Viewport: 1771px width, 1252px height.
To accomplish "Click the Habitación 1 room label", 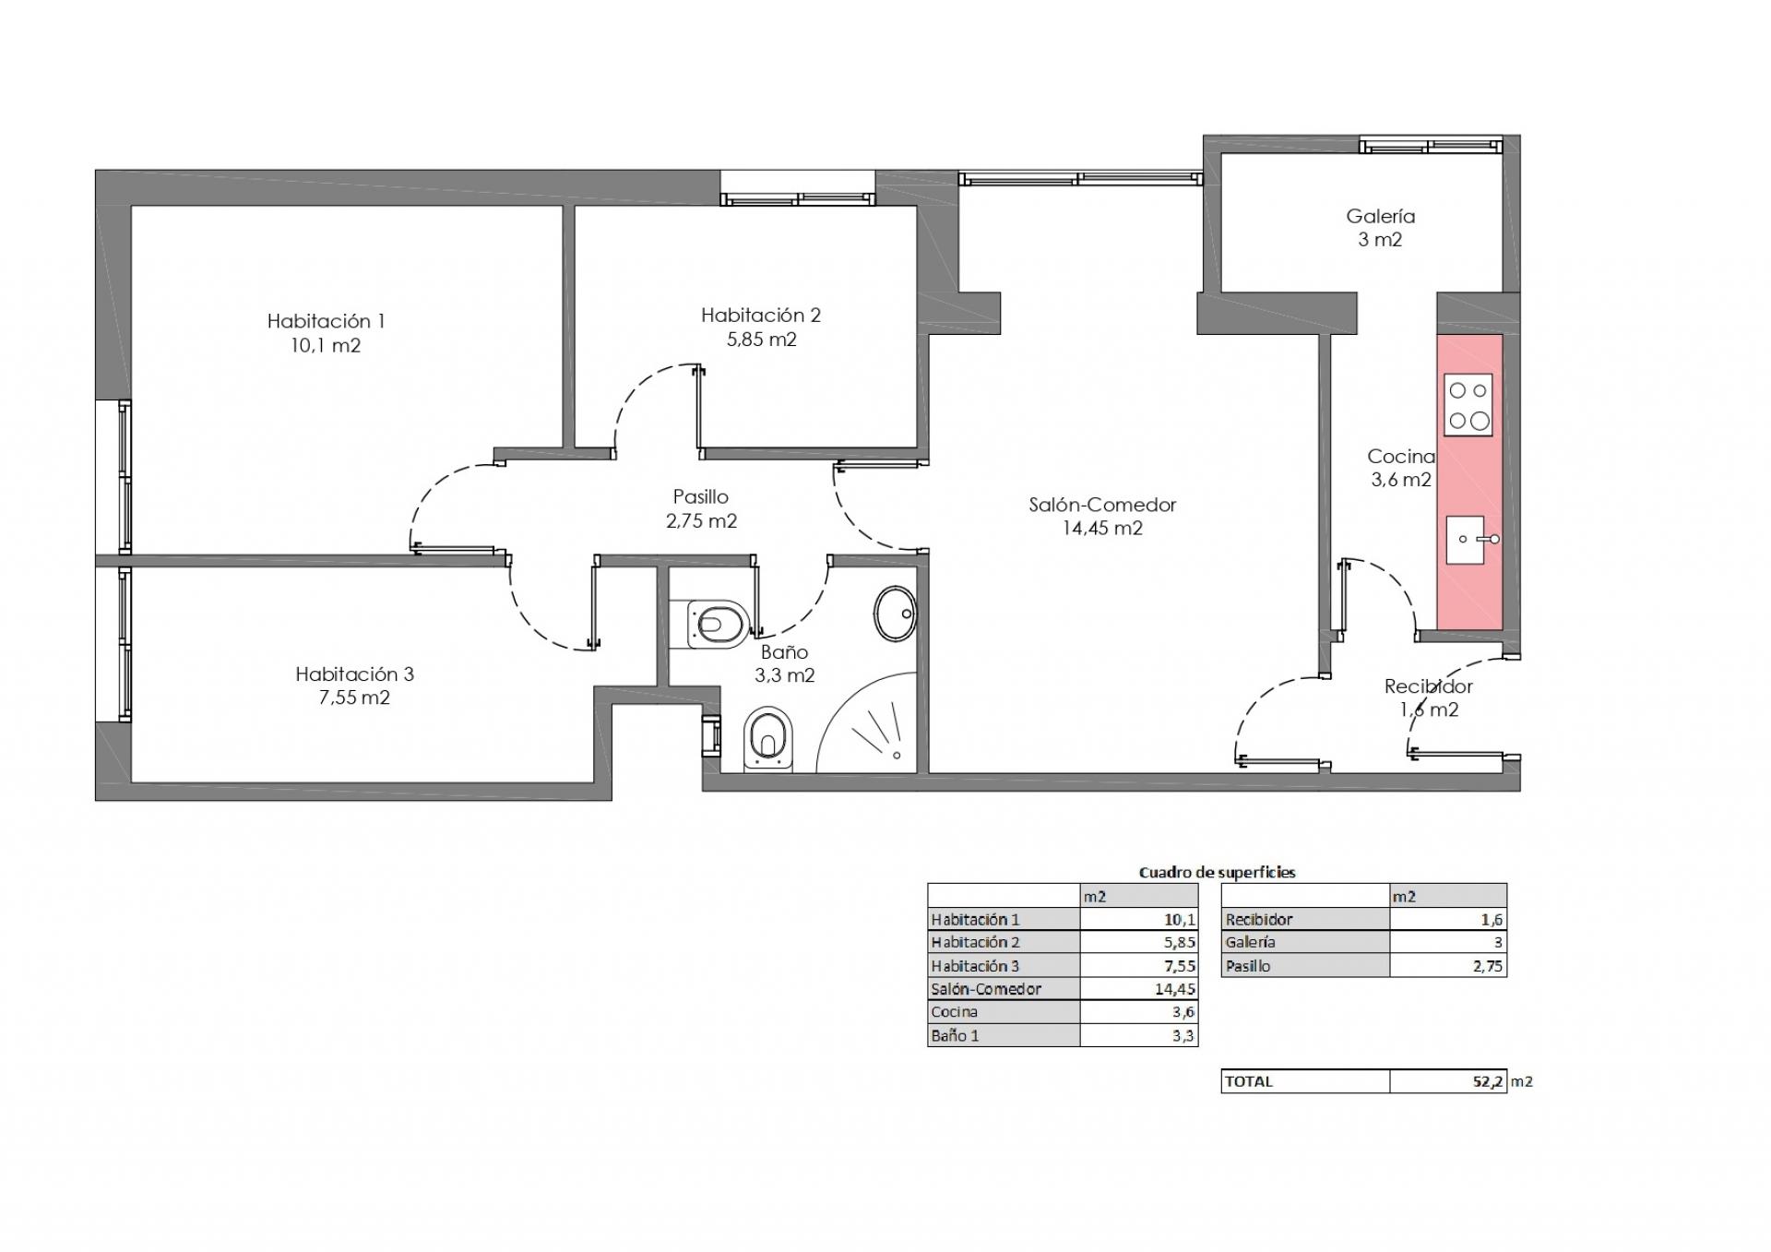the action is pos(326,321).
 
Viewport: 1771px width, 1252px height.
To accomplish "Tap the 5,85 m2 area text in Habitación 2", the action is pos(761,339).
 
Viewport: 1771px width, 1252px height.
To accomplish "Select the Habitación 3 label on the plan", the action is pos(354,674).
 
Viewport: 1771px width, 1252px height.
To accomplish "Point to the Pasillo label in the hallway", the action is pos(700,496).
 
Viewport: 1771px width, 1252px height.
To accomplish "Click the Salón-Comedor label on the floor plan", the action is pos(1102,505).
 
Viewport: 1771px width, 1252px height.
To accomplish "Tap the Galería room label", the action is pos(1380,216).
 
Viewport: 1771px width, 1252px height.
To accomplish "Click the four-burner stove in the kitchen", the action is pos(1468,405).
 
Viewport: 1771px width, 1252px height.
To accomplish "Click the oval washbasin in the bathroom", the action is pos(895,614).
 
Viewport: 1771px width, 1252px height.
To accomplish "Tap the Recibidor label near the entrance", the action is pos(1428,686).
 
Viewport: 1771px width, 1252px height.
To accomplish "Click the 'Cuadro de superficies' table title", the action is pos(1217,872).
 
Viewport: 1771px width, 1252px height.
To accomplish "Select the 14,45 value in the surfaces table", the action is pos(1174,989).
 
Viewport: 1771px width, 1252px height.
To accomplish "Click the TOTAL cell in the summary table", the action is pos(1249,1081).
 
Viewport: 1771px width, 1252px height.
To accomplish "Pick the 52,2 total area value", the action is pos(1488,1081).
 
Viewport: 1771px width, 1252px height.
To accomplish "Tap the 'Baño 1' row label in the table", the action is pos(955,1035).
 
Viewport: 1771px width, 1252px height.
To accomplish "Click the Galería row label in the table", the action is pos(1250,942).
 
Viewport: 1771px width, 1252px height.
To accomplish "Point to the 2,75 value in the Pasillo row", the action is pos(1488,966).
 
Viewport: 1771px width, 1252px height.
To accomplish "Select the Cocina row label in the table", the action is pos(954,1012).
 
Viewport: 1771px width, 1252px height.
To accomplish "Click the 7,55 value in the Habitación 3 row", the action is pos(1180,966).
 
